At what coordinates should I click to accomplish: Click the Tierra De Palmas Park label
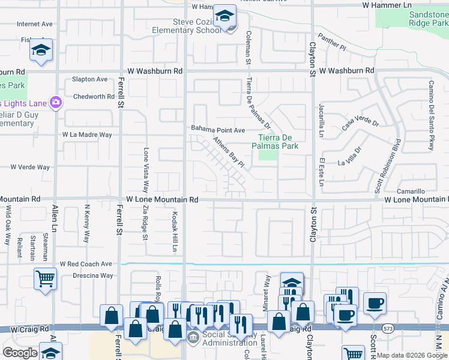click(279, 142)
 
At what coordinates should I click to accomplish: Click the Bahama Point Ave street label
click(218, 130)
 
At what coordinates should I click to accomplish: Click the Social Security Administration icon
click(193, 338)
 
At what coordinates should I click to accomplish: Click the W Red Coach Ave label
click(86, 263)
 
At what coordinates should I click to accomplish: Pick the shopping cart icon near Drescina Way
click(45, 279)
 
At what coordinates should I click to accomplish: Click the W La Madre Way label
click(87, 135)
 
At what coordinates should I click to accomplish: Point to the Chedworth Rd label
click(93, 97)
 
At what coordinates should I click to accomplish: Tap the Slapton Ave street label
click(89, 79)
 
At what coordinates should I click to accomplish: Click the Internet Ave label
click(35, 24)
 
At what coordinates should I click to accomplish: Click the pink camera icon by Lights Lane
click(56, 102)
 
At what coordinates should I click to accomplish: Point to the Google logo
click(20, 353)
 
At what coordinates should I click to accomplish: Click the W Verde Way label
click(29, 167)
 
